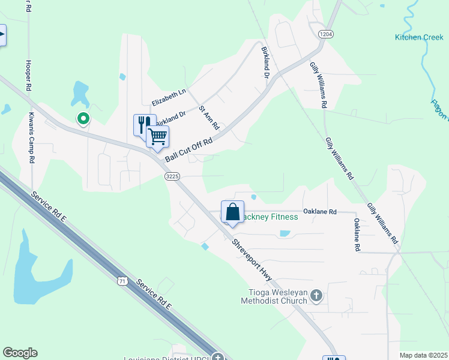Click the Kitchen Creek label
[x=419, y=37]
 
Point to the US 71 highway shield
[x=123, y=280]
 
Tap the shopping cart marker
[x=157, y=136]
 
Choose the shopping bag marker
[x=232, y=212]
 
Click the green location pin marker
[x=83, y=119]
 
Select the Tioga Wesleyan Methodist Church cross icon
[x=317, y=296]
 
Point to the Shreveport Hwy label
[x=252, y=257]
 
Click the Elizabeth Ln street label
[x=170, y=97]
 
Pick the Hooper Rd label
[x=28, y=75]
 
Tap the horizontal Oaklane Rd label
[x=320, y=212]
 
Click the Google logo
[x=20, y=353]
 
